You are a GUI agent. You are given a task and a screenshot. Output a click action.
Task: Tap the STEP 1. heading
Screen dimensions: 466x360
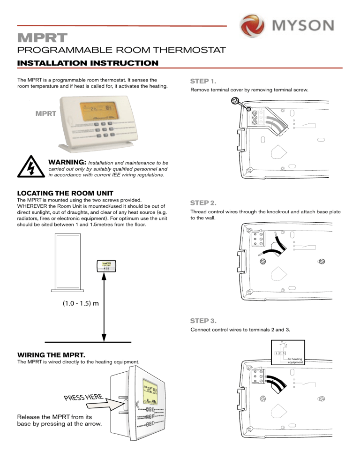click(202, 81)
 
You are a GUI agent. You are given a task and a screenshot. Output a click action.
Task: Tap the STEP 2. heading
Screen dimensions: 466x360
click(202, 203)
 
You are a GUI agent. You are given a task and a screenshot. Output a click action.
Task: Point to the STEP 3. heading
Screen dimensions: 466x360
click(202, 321)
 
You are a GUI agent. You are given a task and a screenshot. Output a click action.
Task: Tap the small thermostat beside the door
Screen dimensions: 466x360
click(106, 265)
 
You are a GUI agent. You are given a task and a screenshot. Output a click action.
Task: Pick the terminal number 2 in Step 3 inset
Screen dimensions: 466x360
click(280, 352)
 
